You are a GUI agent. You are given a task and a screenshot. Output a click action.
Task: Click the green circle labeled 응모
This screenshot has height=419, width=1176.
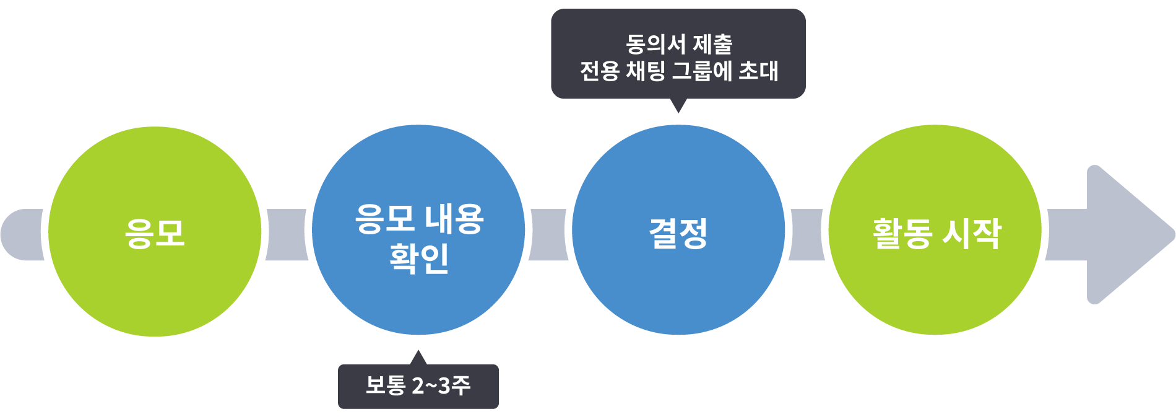point(155,231)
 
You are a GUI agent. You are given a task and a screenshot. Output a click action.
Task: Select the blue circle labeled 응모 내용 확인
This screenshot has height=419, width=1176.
point(419,229)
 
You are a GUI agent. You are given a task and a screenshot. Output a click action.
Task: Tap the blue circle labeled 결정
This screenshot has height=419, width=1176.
point(678,229)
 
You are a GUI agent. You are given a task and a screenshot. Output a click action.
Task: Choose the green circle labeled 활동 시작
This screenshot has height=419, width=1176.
point(935,229)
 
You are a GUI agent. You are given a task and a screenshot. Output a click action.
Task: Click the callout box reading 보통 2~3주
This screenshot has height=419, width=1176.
point(418,386)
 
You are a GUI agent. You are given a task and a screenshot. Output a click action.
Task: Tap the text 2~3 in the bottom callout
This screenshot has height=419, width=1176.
point(431,386)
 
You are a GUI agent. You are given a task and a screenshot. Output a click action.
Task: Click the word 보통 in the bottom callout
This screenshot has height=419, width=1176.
point(385,386)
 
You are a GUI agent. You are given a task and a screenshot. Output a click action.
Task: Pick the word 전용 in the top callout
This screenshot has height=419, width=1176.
point(599,71)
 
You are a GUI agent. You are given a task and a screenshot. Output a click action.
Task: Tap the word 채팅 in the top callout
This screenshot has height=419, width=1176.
point(646,71)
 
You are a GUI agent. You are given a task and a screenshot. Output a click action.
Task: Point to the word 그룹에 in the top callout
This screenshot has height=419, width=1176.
point(703,71)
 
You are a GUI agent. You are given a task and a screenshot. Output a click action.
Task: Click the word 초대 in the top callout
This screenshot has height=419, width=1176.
point(759,71)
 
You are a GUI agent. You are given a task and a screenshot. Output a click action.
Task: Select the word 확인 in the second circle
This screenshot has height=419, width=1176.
point(419,258)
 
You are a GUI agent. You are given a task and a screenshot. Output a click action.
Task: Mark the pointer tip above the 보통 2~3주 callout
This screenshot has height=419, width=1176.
point(418,355)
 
